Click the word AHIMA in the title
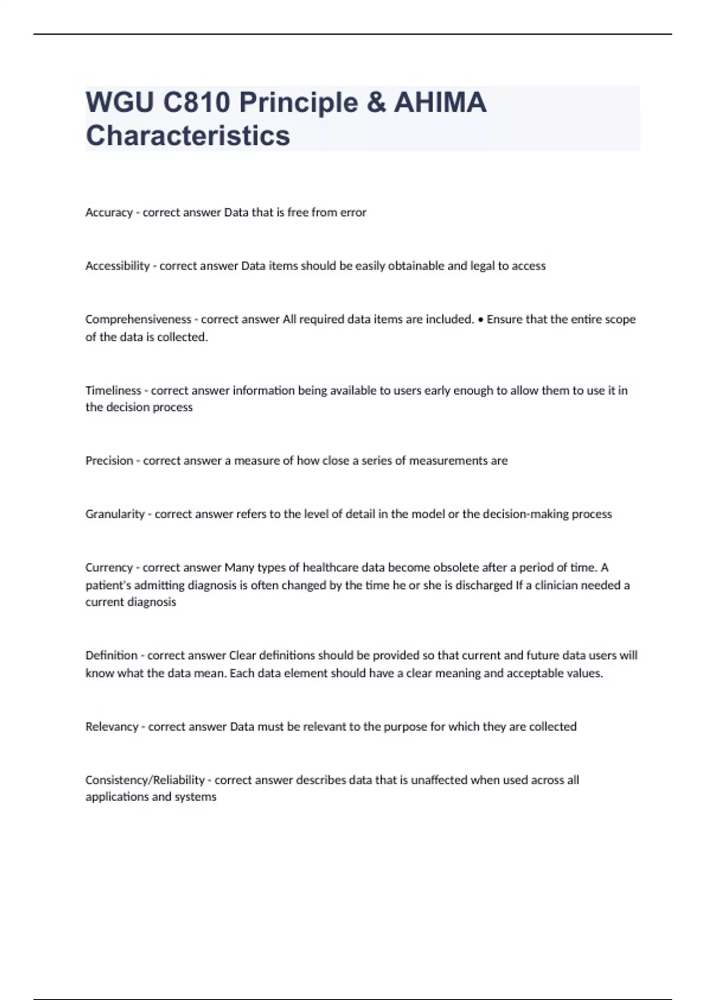point(440,103)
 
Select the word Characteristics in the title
point(188,135)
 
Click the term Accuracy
point(109,212)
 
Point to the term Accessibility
point(118,266)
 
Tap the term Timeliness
point(113,391)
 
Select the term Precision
point(109,461)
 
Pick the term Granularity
point(115,514)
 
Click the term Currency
point(109,568)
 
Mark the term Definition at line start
point(111,655)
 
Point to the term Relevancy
point(112,726)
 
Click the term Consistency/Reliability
point(145,780)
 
